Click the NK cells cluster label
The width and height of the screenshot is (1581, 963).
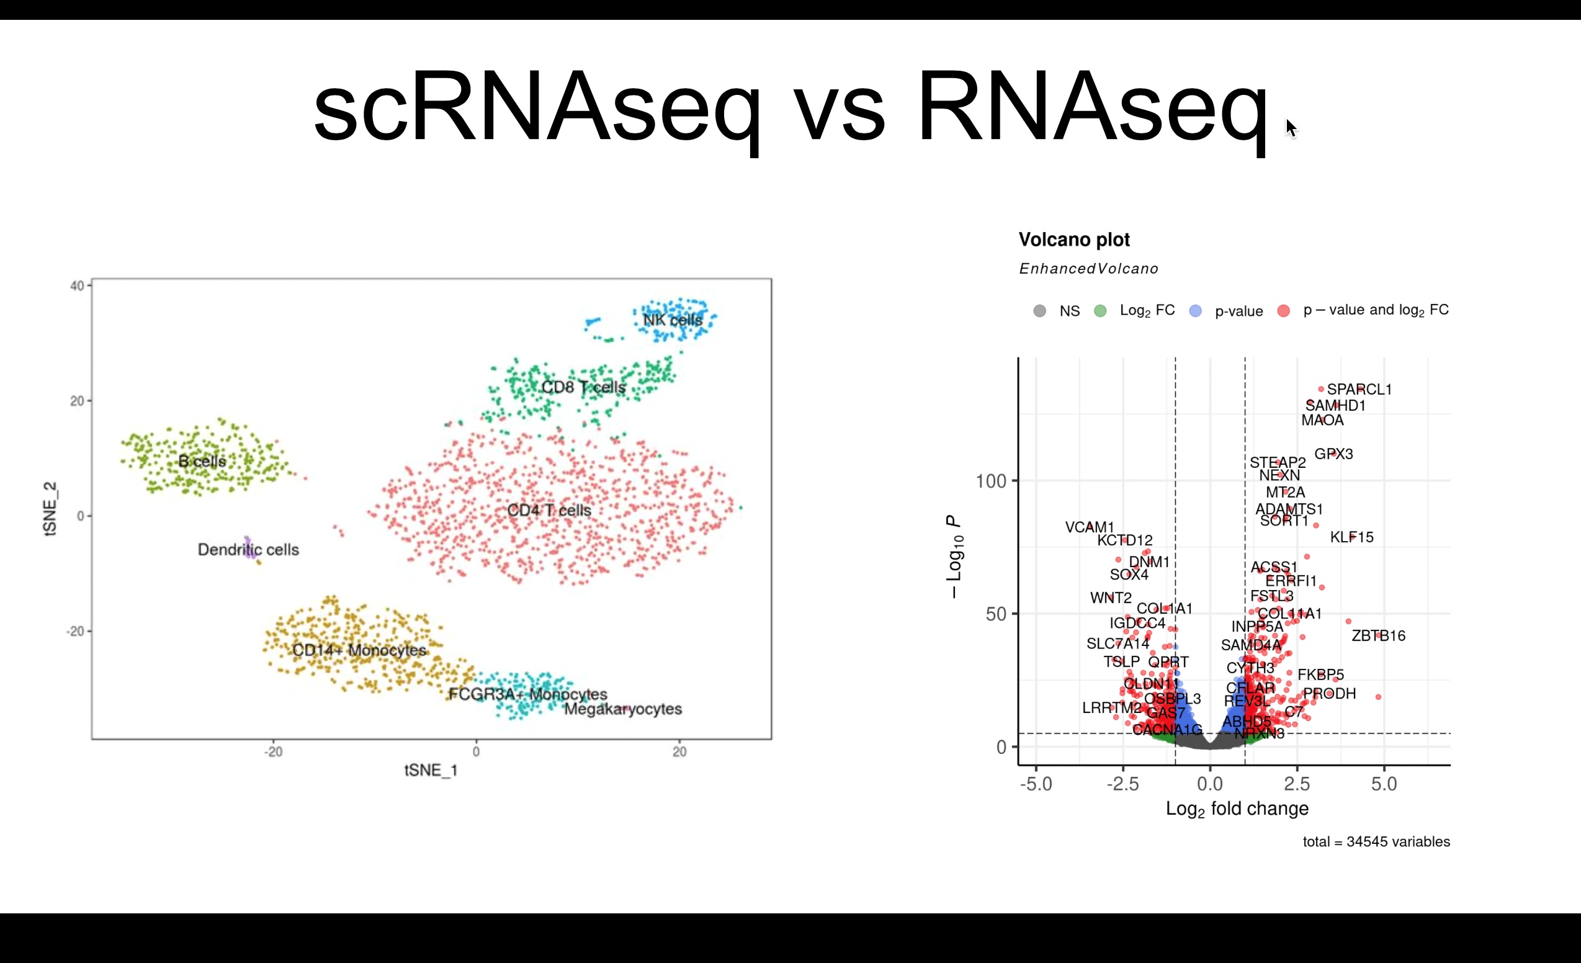[673, 320]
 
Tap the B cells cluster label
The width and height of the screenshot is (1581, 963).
[202, 460]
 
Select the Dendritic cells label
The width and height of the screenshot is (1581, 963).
[248, 550]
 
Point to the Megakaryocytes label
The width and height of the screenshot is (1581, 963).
[622, 709]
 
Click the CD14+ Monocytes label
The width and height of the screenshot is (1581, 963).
[359, 650]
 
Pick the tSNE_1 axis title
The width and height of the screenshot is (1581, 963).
[431, 770]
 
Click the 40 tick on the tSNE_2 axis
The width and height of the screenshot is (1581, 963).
[77, 285]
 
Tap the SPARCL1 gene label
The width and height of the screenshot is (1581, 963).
[1359, 390]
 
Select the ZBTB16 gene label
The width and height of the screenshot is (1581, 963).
[1378, 636]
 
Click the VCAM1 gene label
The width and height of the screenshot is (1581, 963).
[1090, 527]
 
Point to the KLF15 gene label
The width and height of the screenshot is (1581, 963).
[1351, 537]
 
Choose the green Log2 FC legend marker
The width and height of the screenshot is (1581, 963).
[1100, 311]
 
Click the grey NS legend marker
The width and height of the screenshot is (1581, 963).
[1039, 311]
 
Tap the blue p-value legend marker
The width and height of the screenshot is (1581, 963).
[1194, 311]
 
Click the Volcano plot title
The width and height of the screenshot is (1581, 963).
[1073, 240]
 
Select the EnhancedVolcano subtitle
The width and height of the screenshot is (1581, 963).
[1088, 269]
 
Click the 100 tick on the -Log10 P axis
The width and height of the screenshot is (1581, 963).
[991, 481]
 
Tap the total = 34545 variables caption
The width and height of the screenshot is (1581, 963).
[1376, 842]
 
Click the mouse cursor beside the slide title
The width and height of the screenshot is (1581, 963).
[1291, 128]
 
